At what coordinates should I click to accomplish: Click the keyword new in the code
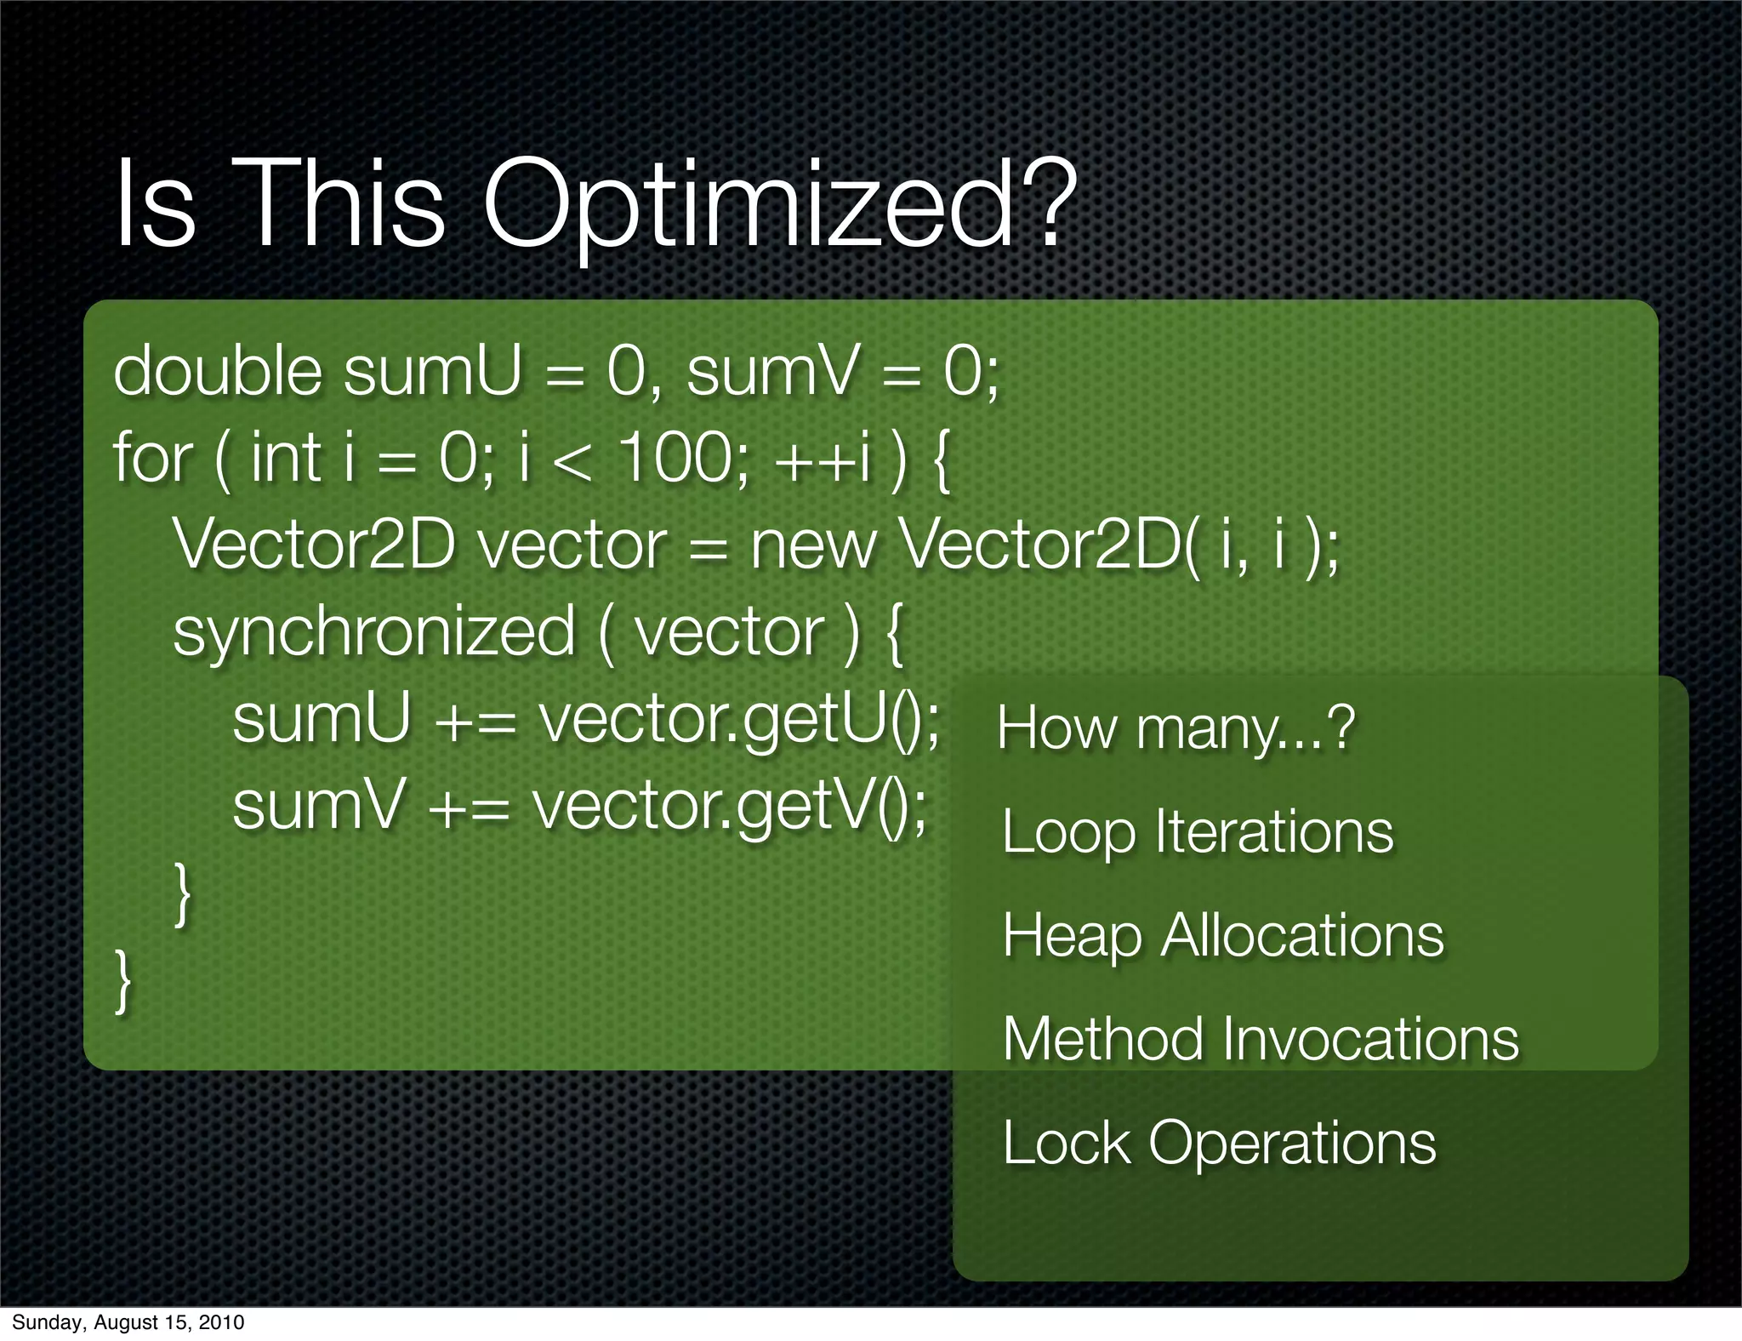812,545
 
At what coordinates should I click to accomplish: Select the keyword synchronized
374,633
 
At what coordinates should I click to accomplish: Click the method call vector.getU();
739,720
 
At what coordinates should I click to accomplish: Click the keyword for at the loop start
152,458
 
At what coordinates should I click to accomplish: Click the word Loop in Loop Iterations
1068,832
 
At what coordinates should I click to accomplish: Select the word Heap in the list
1072,936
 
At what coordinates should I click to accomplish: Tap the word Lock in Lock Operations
1067,1143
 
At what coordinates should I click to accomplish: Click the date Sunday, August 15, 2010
128,1322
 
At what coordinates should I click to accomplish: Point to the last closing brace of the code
124,981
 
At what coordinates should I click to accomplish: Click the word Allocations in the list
1302,935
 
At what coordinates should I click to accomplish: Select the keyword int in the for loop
285,458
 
